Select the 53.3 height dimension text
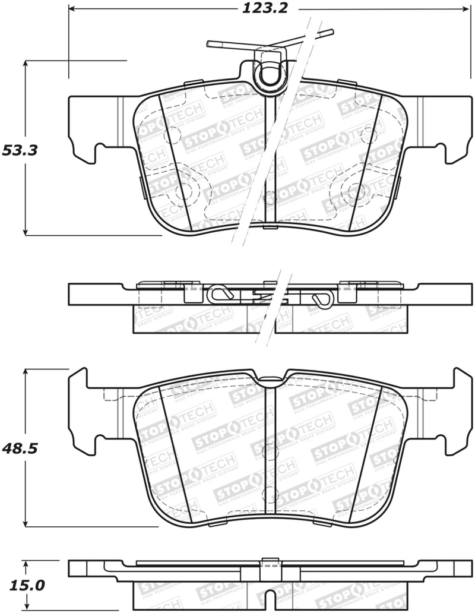coord(20,150)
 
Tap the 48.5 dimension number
coord(20,448)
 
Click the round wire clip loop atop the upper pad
coord(268,75)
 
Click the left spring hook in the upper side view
coord(220,293)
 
